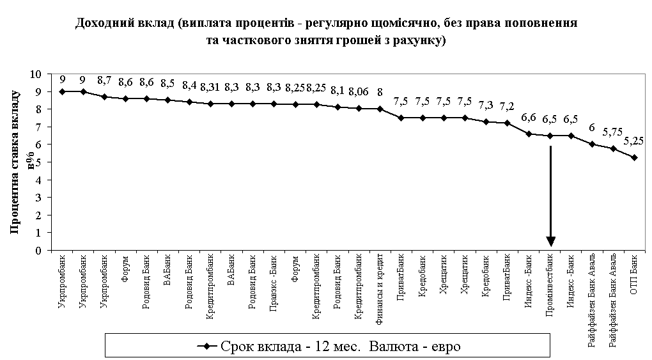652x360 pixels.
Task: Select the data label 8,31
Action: tap(210, 87)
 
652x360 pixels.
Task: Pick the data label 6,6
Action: tap(528, 117)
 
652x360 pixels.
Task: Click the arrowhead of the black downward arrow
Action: tap(550, 241)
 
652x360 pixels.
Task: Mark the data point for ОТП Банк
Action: tap(634, 157)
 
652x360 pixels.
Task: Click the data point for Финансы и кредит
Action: tap(380, 109)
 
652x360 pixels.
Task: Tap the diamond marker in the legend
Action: tap(206, 347)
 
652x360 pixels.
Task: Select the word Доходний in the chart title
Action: tap(102, 24)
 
